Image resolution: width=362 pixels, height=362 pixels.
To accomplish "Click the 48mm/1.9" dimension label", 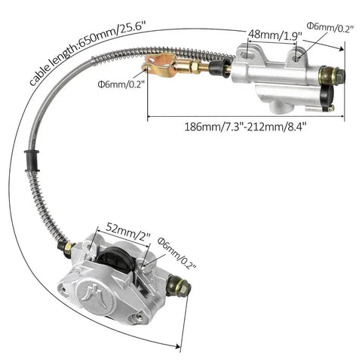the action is (x=275, y=34).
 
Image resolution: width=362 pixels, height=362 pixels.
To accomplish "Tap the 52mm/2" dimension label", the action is (x=128, y=232).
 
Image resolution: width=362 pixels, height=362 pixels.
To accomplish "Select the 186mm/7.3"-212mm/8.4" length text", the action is (x=246, y=127).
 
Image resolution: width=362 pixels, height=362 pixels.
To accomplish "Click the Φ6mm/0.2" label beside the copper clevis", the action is (x=121, y=84).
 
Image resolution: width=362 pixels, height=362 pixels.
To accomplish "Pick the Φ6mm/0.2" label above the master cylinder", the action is (x=330, y=26).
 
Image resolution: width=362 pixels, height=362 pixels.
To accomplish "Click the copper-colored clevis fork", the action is (x=159, y=66).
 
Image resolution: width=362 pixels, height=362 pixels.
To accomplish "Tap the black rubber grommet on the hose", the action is (x=32, y=160).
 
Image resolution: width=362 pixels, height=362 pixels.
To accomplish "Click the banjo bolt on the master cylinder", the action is (x=332, y=74).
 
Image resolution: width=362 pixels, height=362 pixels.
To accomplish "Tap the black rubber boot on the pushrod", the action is (x=219, y=66).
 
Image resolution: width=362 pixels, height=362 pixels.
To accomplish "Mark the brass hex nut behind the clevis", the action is (x=194, y=67).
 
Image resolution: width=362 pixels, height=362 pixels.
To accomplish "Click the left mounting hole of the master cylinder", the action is (x=247, y=54).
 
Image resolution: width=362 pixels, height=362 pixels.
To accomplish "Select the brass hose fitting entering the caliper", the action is (x=67, y=247).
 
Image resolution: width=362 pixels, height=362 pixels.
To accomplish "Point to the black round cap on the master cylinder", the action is (x=327, y=97).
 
